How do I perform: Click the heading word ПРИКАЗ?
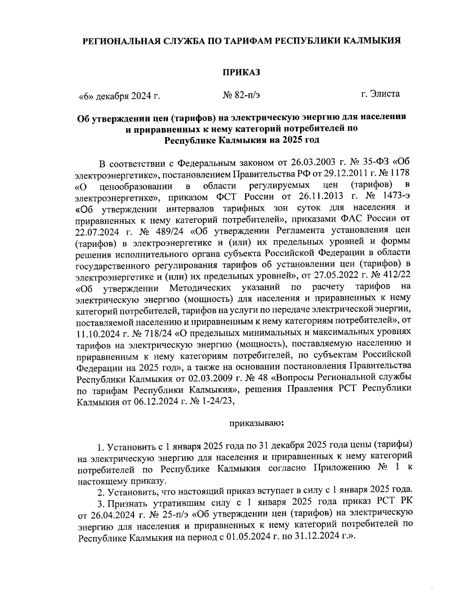tap(241, 72)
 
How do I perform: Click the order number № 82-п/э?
tap(241, 95)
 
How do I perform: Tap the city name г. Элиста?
tap(381, 93)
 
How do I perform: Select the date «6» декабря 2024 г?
tap(119, 96)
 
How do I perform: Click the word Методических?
tap(200, 287)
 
